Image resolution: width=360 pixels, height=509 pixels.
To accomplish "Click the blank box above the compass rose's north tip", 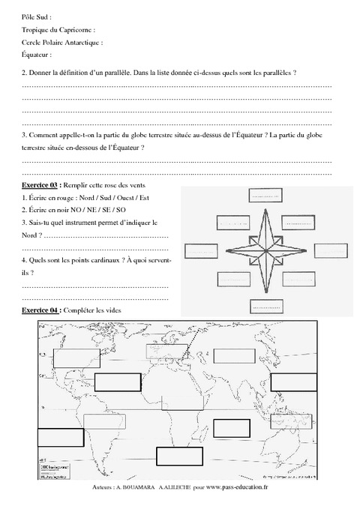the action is (x=262, y=196).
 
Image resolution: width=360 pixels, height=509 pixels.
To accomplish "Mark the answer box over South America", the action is (x=101, y=422).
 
